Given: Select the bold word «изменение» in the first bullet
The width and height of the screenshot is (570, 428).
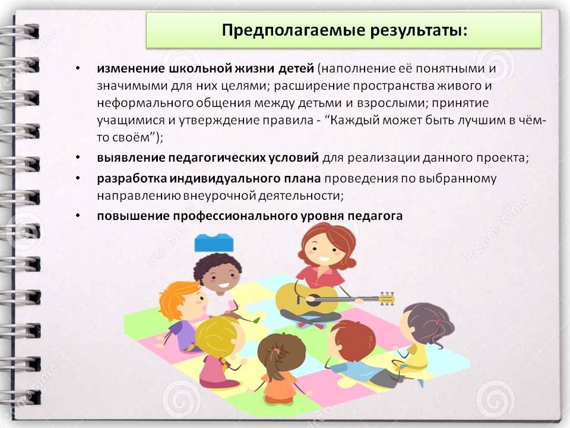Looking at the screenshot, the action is [131, 68].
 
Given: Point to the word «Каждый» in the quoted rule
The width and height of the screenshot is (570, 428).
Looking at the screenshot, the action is [357, 121].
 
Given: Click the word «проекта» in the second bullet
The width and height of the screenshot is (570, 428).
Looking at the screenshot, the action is [502, 159].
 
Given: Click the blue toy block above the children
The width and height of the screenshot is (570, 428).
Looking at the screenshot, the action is [214, 243].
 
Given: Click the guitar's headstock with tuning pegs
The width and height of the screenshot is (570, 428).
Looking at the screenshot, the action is [387, 299].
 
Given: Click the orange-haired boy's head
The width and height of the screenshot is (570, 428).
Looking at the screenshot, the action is [182, 301].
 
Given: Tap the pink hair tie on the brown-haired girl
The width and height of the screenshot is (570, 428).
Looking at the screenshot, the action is [277, 351].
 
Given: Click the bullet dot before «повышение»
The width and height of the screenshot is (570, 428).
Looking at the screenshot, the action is [78, 216].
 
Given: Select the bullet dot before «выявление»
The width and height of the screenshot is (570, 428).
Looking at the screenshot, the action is [78, 158].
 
